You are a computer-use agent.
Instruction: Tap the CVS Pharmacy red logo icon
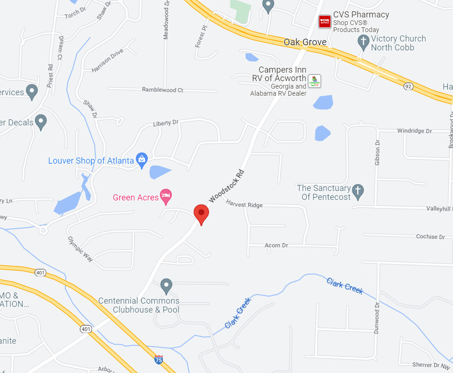tap(325, 20)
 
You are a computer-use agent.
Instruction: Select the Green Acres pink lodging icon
tap(166, 196)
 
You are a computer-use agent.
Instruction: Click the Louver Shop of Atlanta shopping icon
tap(142, 160)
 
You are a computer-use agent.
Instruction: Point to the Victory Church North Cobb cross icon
tap(363, 42)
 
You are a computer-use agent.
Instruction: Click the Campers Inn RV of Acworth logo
tap(314, 81)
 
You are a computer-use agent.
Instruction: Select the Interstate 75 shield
tap(159, 360)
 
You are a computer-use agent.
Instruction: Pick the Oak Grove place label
tap(305, 42)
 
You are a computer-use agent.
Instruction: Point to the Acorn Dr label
tap(276, 245)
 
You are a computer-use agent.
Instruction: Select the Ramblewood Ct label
tap(162, 90)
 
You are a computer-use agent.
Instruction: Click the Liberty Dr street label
tap(166, 124)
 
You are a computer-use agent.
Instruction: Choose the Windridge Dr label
tap(414, 131)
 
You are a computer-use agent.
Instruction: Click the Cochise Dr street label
tap(430, 236)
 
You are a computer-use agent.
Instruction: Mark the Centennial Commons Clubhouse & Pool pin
tap(166, 285)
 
